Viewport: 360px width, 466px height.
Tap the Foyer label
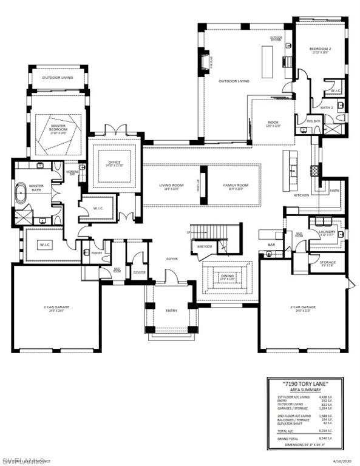coord(172,259)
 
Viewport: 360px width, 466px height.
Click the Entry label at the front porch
coord(172,311)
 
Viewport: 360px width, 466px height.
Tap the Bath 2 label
coord(327,107)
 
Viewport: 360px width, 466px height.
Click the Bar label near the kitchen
coord(271,245)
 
